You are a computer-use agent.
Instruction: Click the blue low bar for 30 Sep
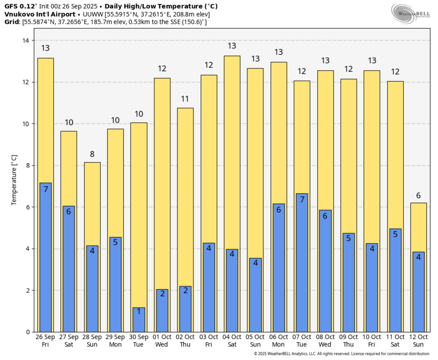[139, 320]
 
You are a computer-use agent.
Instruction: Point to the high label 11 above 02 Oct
[185, 99]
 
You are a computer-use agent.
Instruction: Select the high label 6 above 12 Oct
[418, 195]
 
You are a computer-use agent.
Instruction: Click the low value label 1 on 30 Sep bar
[139, 311]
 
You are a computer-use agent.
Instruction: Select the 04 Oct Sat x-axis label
[232, 341]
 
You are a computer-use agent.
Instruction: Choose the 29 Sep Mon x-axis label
[115, 341]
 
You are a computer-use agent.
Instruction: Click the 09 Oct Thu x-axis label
[349, 341]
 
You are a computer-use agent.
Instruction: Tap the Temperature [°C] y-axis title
[14, 180]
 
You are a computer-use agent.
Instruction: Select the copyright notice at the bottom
[341, 354]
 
